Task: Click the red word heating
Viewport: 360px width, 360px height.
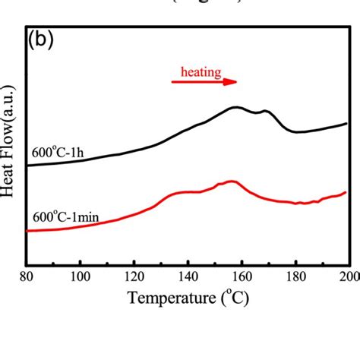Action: pos(201,73)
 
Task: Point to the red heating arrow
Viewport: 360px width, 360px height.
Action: pos(204,83)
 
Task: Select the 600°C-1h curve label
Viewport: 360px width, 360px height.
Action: pos(58,151)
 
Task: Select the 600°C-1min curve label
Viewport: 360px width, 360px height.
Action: pos(64,216)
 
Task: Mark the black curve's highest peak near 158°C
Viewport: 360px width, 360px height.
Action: pos(236,107)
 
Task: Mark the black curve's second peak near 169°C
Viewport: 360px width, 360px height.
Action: pos(265,111)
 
